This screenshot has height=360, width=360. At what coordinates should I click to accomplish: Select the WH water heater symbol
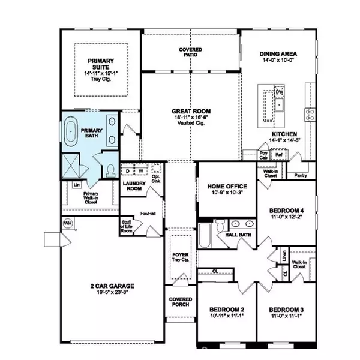[x=67, y=223]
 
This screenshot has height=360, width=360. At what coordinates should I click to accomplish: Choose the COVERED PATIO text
[x=190, y=53]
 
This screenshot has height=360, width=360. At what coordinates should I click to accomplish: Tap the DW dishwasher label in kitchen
[x=279, y=91]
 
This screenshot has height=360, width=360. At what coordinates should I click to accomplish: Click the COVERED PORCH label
[x=180, y=301]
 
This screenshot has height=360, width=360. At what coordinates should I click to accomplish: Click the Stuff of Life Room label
[x=127, y=225]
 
